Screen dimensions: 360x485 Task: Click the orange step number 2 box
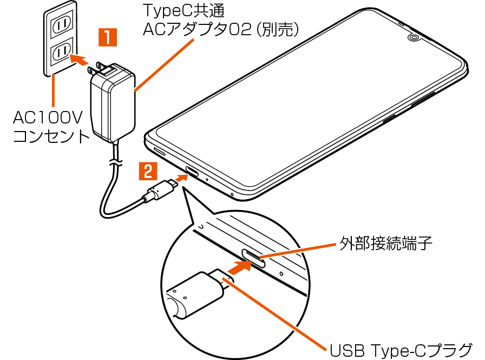coord(147,171)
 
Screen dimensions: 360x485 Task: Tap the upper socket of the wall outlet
coord(60,23)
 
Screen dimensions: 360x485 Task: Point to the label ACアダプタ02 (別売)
coord(220,30)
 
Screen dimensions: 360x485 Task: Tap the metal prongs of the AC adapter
coord(99,69)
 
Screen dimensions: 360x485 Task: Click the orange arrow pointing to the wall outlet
coord(80,60)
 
